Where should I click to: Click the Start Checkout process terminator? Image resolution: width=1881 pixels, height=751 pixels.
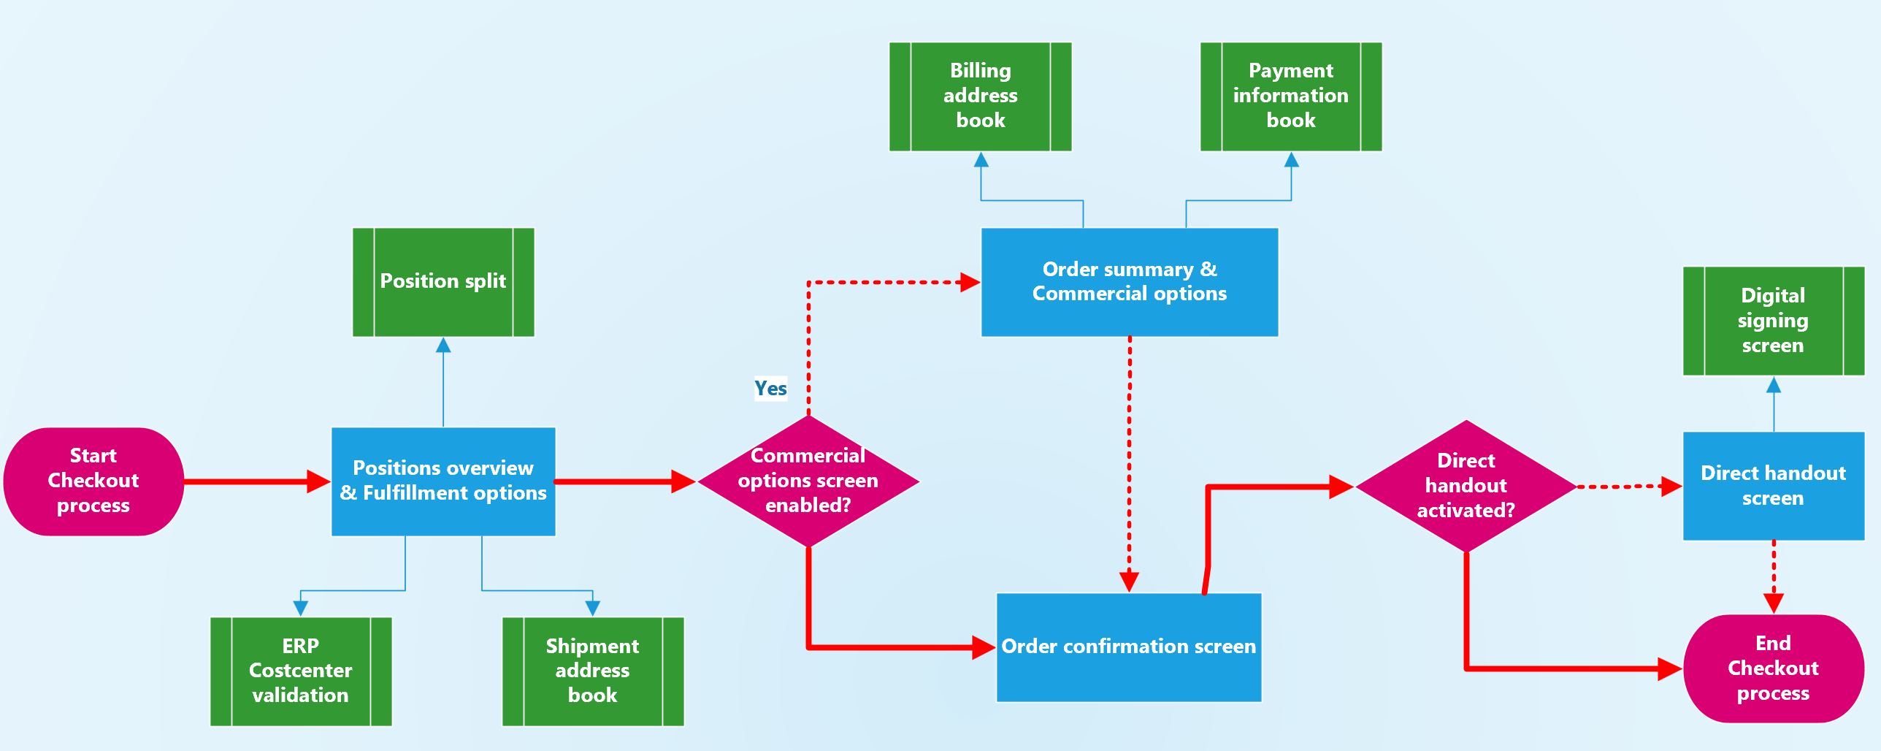coord(93,481)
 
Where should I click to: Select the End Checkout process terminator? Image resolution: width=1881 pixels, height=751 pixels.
coord(1773,668)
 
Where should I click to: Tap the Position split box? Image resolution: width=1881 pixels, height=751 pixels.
coord(443,282)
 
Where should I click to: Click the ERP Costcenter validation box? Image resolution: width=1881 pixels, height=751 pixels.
coord(301,671)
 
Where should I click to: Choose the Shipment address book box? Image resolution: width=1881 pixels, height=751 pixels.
coord(593,671)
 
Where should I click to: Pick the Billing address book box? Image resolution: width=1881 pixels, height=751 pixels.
coord(980,96)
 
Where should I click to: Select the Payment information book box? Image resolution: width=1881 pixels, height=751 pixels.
coord(1291,96)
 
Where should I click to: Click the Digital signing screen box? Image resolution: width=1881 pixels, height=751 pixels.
coord(1773,321)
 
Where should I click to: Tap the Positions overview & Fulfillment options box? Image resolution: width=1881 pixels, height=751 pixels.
coord(443,481)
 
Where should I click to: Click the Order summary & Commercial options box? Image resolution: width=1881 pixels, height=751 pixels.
coord(1129,282)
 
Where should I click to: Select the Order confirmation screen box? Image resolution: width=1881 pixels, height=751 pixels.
coord(1129,647)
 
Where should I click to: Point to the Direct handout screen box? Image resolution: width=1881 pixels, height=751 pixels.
coord(1773,486)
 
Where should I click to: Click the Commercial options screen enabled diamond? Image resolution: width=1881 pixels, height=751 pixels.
coord(808,481)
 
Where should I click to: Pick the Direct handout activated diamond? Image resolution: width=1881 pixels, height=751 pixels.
coord(1466,486)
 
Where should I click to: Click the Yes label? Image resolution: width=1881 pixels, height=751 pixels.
coord(770,388)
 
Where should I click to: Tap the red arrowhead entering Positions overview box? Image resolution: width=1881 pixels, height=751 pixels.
coord(320,481)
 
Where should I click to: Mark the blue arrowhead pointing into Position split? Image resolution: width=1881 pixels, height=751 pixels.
coord(443,345)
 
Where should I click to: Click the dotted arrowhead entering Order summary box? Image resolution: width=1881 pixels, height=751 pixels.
coord(970,282)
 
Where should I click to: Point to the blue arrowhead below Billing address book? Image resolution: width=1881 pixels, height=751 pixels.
coord(981,160)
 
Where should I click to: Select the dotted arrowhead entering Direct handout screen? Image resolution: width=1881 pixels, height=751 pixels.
coord(1672,486)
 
